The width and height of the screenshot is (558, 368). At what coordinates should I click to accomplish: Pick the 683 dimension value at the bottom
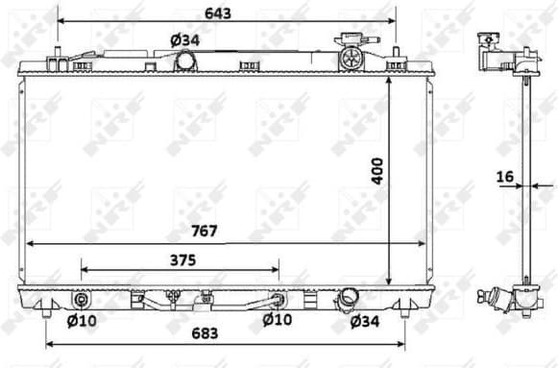pos(205,333)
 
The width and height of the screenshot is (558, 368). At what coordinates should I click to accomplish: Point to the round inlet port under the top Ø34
pos(185,61)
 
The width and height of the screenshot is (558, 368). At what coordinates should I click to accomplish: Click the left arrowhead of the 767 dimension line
pos(27,242)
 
